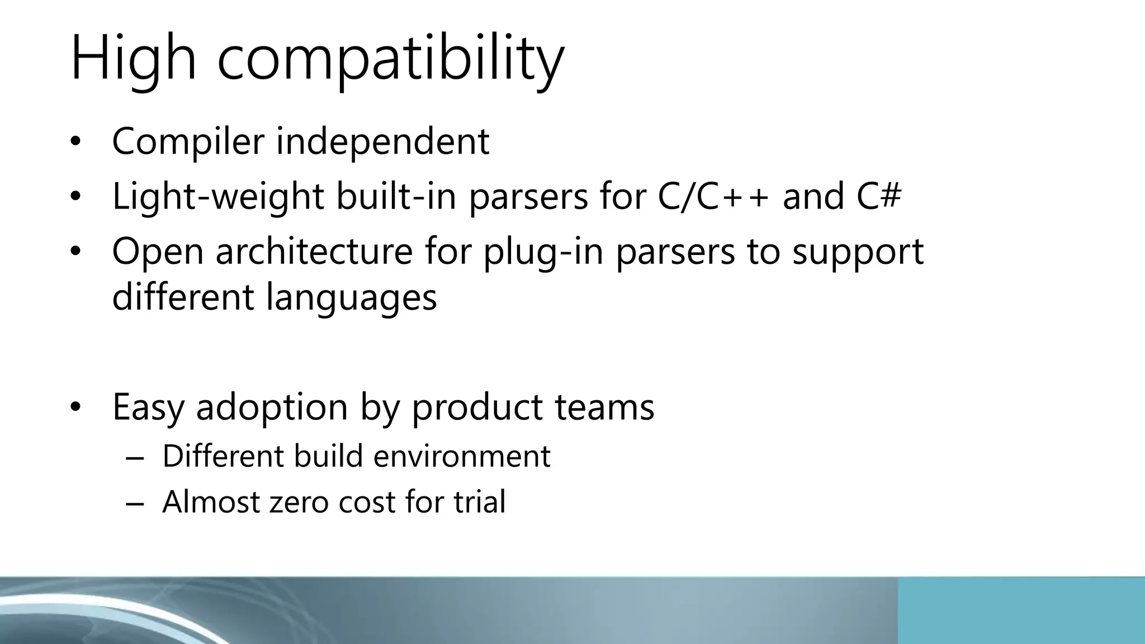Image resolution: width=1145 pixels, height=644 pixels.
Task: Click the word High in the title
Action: pyautogui.click(x=134, y=59)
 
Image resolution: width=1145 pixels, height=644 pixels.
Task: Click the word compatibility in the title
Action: pyautogui.click(x=390, y=59)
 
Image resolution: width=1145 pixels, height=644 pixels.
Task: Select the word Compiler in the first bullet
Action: pyautogui.click(x=188, y=141)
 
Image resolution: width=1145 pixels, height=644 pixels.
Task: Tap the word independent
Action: pyautogui.click(x=383, y=141)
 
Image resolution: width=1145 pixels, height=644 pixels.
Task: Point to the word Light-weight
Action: pyautogui.click(x=218, y=197)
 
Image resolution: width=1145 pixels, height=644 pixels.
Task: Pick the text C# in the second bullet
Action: pyautogui.click(x=879, y=197)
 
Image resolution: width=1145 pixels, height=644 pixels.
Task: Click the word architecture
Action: pyautogui.click(x=314, y=252)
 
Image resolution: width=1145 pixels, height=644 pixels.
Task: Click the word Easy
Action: pyautogui.click(x=148, y=408)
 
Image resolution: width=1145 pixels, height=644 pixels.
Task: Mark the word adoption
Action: pyautogui.click(x=272, y=408)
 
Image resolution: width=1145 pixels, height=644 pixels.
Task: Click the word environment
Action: pyautogui.click(x=462, y=456)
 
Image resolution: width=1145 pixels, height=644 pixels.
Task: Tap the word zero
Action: pyautogui.click(x=299, y=502)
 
